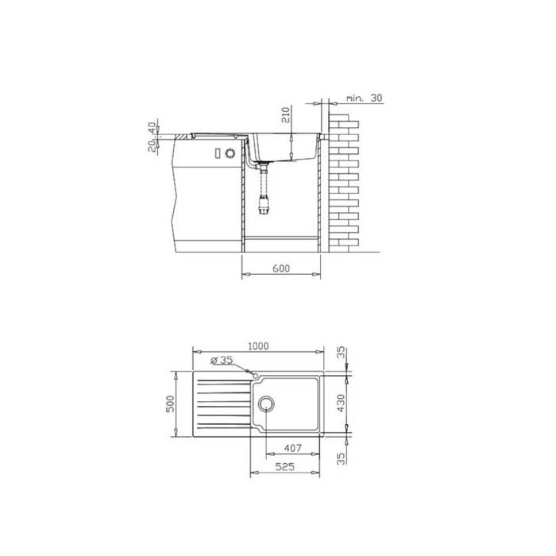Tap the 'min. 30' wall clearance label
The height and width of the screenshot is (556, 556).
click(x=365, y=98)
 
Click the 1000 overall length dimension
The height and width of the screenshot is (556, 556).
click(x=257, y=346)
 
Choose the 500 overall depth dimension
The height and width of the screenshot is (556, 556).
click(x=169, y=403)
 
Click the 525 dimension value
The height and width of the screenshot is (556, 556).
click(x=285, y=468)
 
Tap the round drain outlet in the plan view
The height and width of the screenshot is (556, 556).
click(x=265, y=403)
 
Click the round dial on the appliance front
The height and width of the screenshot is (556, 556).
click(x=230, y=153)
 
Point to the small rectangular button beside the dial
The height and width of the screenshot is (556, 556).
click(x=215, y=153)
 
